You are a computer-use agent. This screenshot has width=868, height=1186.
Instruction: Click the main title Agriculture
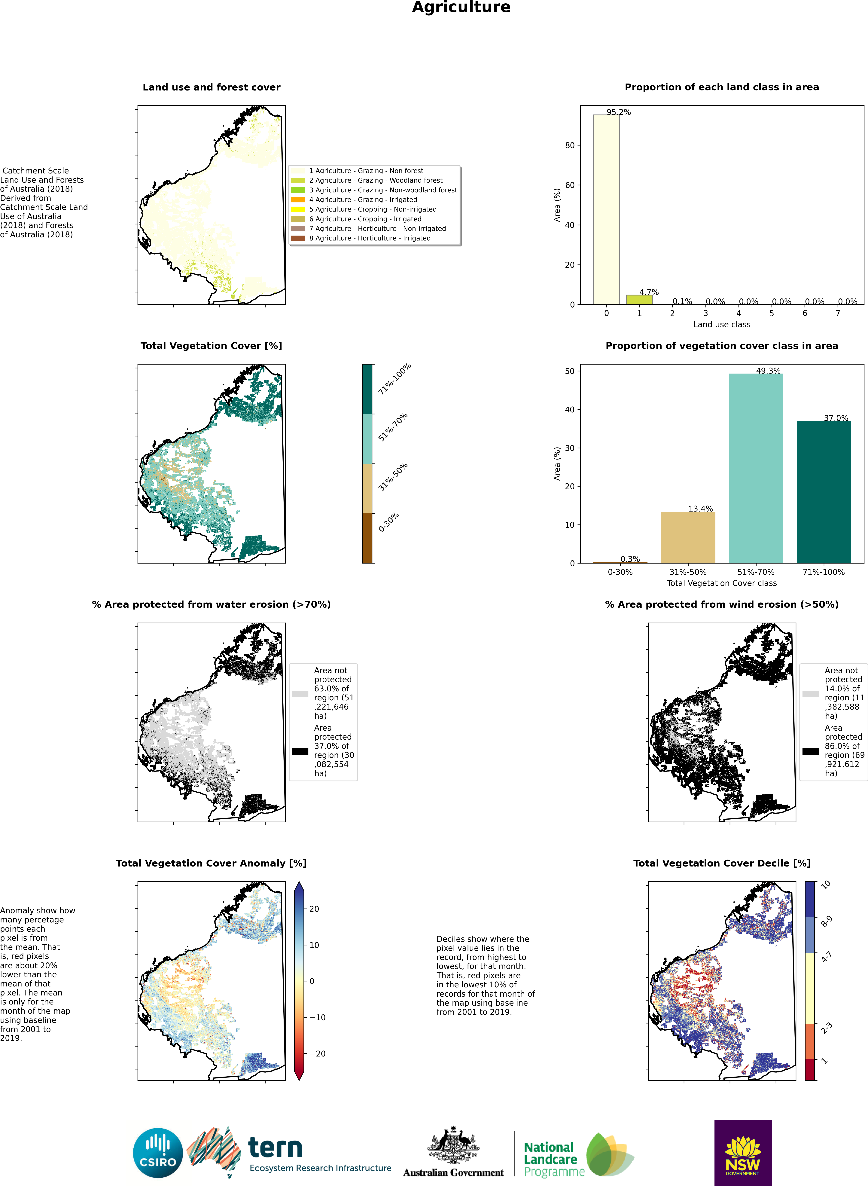click(x=461, y=7)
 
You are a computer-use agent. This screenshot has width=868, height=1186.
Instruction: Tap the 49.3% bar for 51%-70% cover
click(x=756, y=468)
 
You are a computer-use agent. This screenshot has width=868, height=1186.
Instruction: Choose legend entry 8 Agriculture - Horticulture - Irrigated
click(x=361, y=238)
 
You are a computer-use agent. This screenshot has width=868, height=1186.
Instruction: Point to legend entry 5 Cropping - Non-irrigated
click(x=364, y=209)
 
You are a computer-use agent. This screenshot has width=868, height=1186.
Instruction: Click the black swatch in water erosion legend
click(x=300, y=751)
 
